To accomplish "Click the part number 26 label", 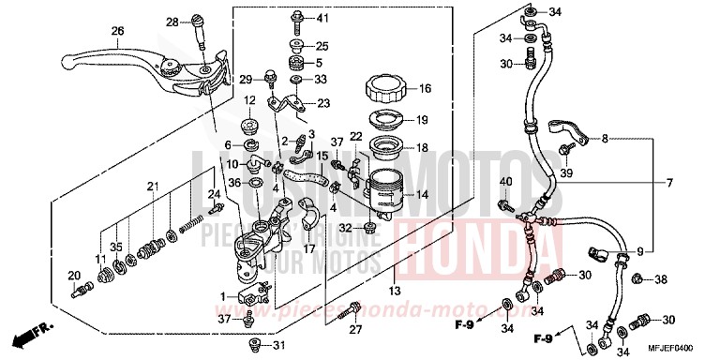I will pos(118,31).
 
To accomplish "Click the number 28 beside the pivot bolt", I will pos(172,22).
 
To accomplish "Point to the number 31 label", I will pos(277,348).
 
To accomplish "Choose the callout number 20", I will pos(73,275).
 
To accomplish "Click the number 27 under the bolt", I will pos(356,329).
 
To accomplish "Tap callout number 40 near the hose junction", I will pos(505,181).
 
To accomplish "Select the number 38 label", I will pos(661,279).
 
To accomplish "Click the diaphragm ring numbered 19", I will pos(384,120).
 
